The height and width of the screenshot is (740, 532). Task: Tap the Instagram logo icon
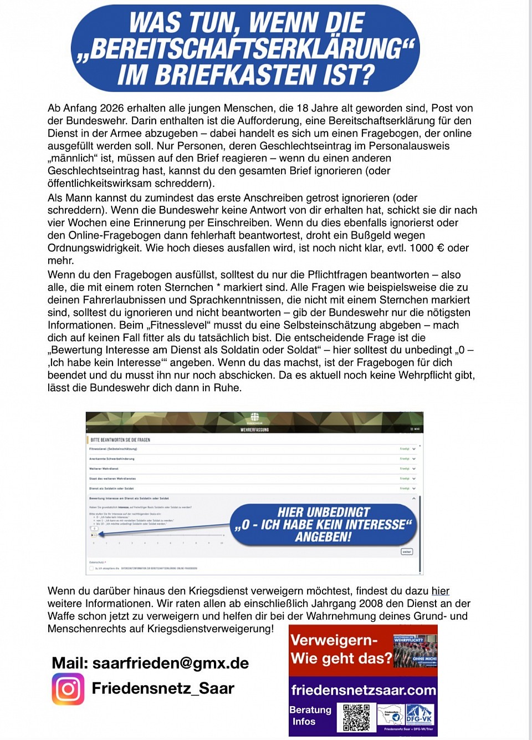click(x=68, y=689)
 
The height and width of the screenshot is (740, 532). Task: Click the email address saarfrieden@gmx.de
click(x=170, y=663)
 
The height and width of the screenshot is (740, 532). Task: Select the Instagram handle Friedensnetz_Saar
click(x=163, y=688)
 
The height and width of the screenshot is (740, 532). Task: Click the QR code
click(x=356, y=717)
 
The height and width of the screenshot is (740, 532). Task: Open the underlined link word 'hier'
click(x=441, y=591)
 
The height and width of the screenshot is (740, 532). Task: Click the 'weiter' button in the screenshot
click(x=407, y=551)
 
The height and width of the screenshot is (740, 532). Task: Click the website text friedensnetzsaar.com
click(x=364, y=690)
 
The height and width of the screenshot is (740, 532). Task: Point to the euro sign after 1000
click(x=441, y=248)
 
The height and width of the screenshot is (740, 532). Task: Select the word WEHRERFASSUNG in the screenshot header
click(x=254, y=429)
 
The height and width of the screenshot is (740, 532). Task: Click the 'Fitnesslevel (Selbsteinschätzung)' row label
click(x=113, y=449)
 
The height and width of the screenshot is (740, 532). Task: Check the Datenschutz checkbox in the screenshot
click(x=91, y=568)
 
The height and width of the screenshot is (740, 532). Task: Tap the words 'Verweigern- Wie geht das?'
click(x=340, y=649)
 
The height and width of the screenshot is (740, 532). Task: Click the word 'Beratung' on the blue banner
click(x=310, y=709)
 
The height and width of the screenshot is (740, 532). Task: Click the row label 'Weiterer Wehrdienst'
click(x=104, y=469)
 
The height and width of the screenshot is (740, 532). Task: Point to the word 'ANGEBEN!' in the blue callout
click(x=323, y=537)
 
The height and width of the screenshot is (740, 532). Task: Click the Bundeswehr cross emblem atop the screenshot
click(x=254, y=417)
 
